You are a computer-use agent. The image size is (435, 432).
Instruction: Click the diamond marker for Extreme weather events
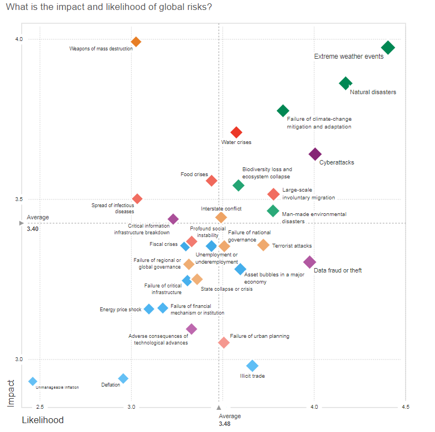point(388,48)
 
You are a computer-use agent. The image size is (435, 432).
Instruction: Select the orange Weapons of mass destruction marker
point(136,42)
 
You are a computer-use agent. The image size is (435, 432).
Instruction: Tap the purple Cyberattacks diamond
point(315,155)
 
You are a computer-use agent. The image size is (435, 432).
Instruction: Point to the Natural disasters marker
point(345,84)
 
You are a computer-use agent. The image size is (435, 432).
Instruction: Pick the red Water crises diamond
point(236,132)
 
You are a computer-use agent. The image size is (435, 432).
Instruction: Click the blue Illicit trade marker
point(252,366)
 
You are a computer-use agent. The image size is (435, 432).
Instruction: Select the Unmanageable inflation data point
point(33,382)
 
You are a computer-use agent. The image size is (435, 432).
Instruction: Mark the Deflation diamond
point(123,378)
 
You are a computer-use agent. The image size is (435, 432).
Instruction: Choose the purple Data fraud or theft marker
point(310,262)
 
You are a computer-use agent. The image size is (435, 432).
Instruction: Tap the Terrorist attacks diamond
point(263,245)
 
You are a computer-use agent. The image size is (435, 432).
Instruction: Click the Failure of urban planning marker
point(224,343)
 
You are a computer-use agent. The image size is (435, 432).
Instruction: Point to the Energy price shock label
point(121,310)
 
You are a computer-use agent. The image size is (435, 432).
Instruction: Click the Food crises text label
point(194,174)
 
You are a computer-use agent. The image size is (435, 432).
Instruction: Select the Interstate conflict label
point(221,209)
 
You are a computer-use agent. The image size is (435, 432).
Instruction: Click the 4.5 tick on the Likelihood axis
point(406,407)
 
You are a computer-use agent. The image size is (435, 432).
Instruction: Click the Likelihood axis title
point(43,420)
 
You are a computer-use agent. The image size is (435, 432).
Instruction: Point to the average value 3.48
point(224,424)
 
